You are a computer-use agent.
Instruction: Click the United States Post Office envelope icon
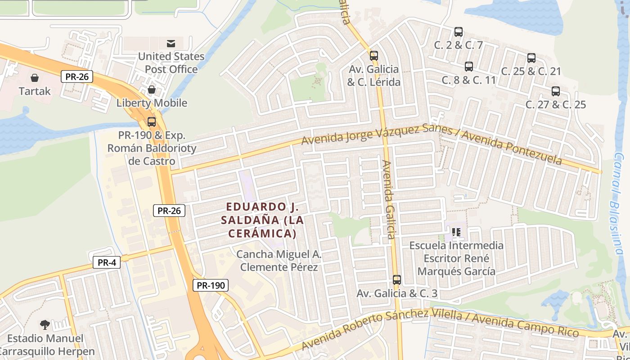pyautogui.click(x=171, y=44)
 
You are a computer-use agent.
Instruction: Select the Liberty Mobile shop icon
pyautogui.click(x=152, y=90)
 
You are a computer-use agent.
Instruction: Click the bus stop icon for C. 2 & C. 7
pyautogui.click(x=458, y=32)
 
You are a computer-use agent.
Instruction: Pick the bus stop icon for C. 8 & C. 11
pyautogui.click(x=468, y=67)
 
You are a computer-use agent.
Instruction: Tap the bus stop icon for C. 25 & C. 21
pyautogui.click(x=531, y=58)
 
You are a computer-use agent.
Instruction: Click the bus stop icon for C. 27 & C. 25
pyautogui.click(x=555, y=91)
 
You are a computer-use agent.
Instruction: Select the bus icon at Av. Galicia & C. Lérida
pyautogui.click(x=373, y=56)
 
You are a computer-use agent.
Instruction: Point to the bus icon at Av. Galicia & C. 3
pyautogui.click(x=396, y=280)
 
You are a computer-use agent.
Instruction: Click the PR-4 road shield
pyautogui.click(x=107, y=262)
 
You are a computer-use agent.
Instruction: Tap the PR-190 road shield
pyautogui.click(x=211, y=285)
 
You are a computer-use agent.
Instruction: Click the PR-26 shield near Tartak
pyautogui.click(x=77, y=76)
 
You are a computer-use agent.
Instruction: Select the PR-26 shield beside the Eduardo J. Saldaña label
pyautogui.click(x=169, y=210)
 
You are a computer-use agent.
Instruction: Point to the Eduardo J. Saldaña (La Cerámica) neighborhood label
pyautogui.click(x=262, y=220)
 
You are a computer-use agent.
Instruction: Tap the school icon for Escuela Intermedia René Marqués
pyautogui.click(x=456, y=233)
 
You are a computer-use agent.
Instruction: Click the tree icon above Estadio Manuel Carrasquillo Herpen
pyautogui.click(x=45, y=324)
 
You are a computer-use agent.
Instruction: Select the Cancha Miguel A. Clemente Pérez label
pyautogui.click(x=279, y=261)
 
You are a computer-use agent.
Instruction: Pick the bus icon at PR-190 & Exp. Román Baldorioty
pyautogui.click(x=152, y=122)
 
